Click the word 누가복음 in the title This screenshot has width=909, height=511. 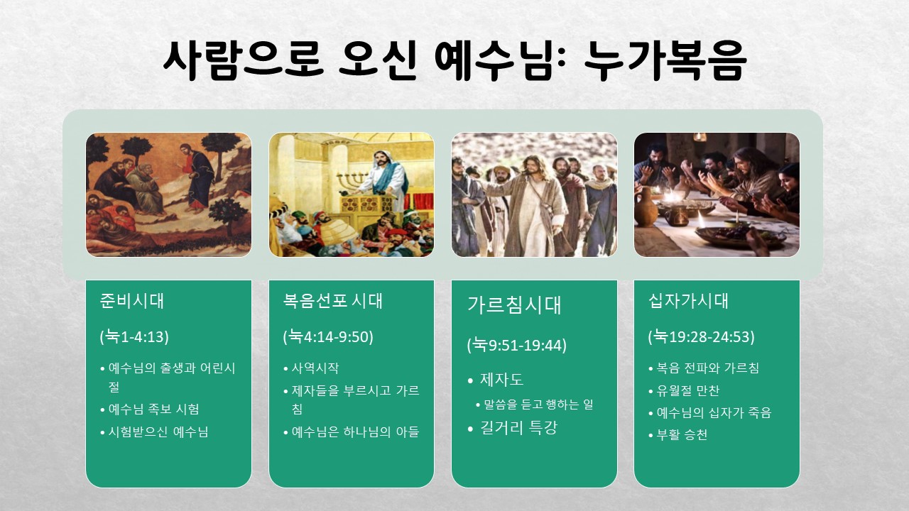(x=665, y=60)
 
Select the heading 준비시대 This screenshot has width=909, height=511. (x=131, y=301)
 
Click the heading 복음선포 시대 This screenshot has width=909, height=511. (x=333, y=301)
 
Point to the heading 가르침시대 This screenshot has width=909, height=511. (x=514, y=305)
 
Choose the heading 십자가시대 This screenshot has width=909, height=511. (x=688, y=301)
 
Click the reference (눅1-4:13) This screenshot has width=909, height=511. (x=134, y=336)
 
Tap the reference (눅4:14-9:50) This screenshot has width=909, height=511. (x=328, y=336)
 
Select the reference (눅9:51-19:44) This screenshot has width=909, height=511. (x=516, y=345)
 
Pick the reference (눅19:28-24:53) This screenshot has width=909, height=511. (x=701, y=336)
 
